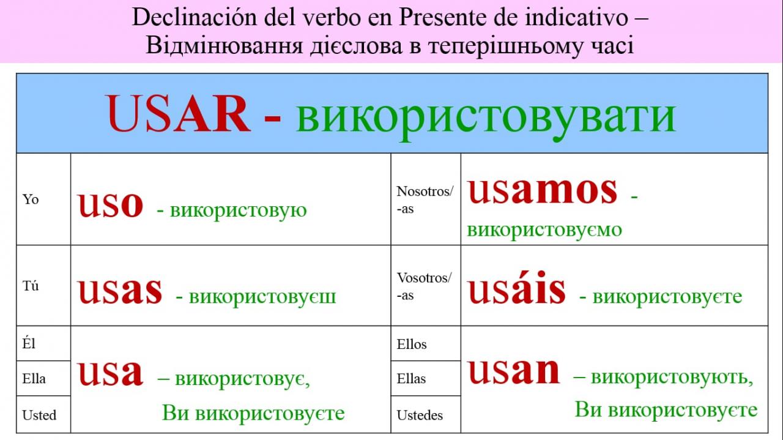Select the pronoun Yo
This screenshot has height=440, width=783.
click(31, 199)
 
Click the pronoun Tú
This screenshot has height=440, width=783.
click(31, 286)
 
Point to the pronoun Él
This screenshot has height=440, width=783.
click(29, 343)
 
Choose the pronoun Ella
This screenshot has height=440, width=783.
click(34, 378)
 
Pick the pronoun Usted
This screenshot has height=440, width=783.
click(39, 415)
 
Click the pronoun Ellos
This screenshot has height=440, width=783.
click(412, 344)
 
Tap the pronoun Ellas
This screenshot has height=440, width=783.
click(411, 378)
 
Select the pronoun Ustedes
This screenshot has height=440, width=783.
click(420, 415)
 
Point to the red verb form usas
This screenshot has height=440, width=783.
click(121, 291)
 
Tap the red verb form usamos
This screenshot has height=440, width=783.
click(542, 190)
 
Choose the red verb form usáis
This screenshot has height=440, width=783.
click(517, 288)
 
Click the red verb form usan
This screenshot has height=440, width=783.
click(514, 371)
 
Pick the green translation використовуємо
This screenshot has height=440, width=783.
click(544, 231)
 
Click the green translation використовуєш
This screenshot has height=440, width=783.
click(262, 297)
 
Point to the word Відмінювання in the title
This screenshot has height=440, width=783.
click(224, 46)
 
